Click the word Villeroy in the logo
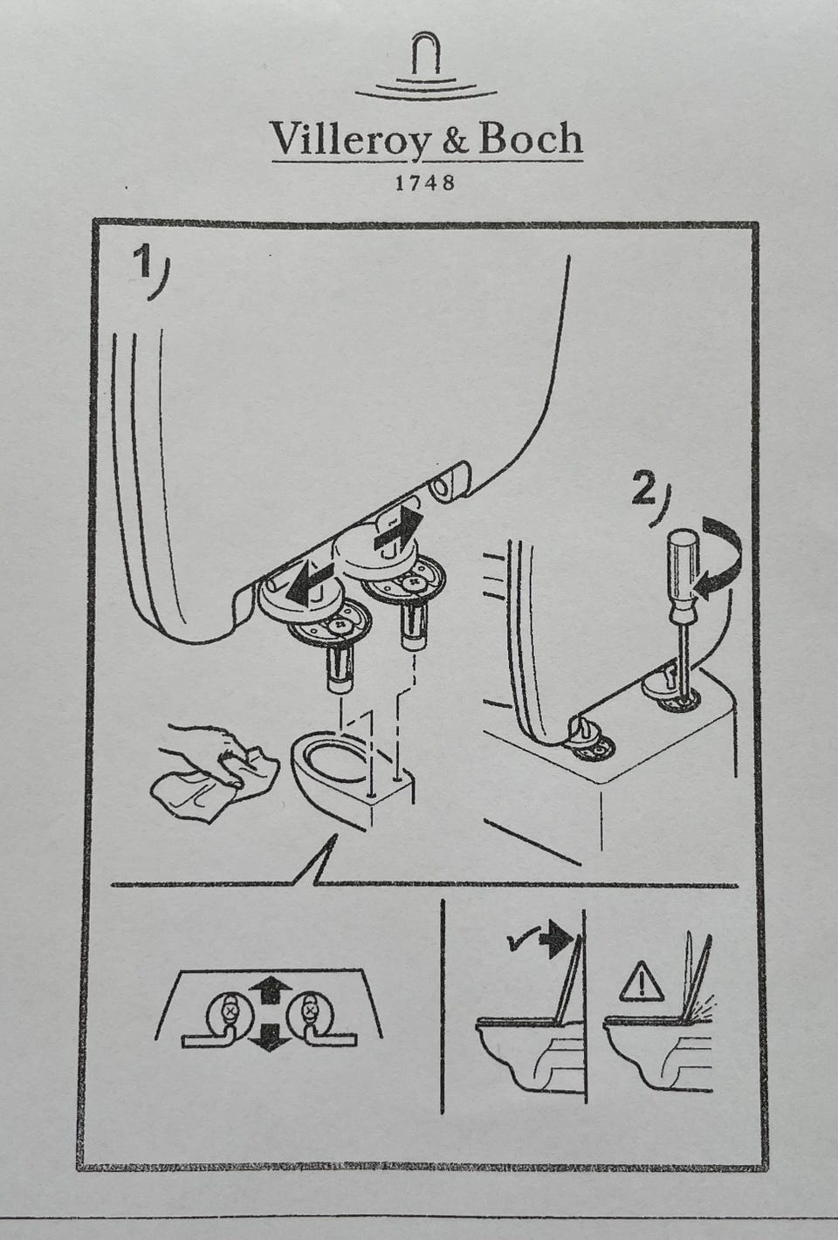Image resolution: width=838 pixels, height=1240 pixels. [x=349, y=140]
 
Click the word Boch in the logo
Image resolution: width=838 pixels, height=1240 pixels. [x=531, y=138]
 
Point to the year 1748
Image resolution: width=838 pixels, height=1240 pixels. [x=425, y=182]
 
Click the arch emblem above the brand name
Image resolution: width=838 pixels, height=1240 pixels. [x=425, y=66]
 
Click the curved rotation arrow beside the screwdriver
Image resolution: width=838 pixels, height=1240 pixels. [x=720, y=558]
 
